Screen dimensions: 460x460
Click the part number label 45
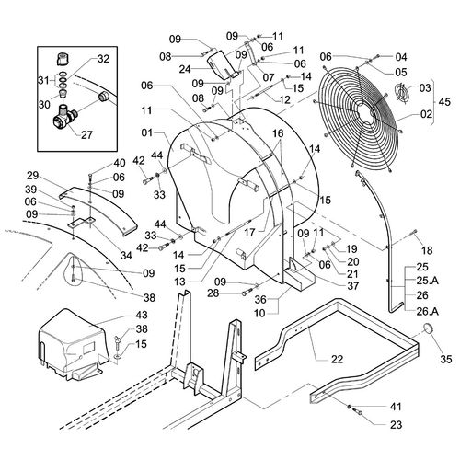(444, 102)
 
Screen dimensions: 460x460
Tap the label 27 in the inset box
(86, 134)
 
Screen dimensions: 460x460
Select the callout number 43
(142, 315)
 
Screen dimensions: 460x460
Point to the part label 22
(337, 359)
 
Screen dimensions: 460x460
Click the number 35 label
(446, 359)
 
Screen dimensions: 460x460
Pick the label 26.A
(428, 312)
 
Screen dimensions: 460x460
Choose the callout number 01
(147, 133)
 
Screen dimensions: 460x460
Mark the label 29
(33, 176)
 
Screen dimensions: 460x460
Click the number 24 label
(185, 69)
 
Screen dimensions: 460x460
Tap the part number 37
(353, 286)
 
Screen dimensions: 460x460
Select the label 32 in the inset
(103, 59)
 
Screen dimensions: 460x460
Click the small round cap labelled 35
(428, 328)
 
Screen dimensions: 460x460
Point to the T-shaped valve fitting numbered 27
(63, 117)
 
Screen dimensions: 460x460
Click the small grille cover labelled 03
(401, 91)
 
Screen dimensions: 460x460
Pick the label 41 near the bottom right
(396, 407)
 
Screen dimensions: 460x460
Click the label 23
(396, 425)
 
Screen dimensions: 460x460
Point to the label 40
(120, 163)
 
